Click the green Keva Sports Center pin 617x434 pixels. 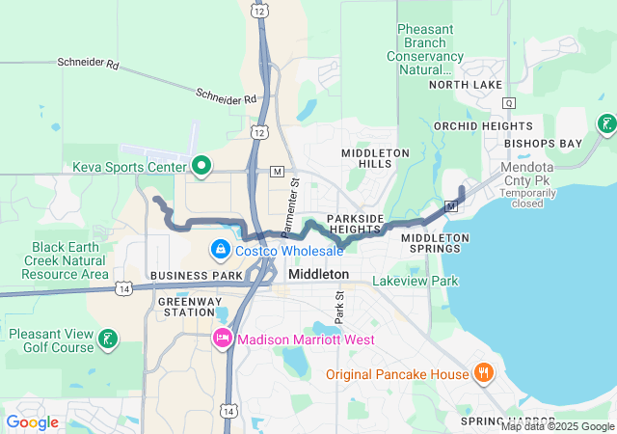tap(201, 166)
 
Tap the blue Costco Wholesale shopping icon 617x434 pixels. tap(221, 251)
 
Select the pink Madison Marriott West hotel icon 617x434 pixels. tap(222, 339)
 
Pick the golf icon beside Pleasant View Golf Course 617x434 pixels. tap(110, 339)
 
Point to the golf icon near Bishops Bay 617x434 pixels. tap(606, 123)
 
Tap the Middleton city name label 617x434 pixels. tap(318, 275)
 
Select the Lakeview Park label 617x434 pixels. tap(416, 282)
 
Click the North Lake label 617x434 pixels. tap(468, 85)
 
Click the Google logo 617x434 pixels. tap(33, 421)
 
